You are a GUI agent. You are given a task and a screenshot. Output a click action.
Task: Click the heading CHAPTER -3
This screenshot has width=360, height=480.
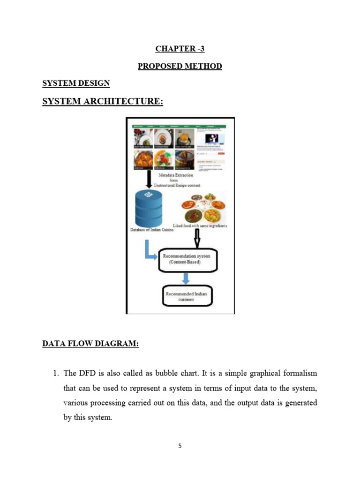[180, 48]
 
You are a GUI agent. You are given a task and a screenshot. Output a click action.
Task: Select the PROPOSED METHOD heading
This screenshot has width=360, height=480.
[180, 66]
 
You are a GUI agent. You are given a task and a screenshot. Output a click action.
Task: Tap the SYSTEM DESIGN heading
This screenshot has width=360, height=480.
[76, 83]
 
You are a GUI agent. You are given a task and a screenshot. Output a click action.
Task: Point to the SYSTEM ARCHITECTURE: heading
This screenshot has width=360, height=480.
[103, 101]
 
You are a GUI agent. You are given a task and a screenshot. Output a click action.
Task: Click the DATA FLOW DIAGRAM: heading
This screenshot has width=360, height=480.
[90, 344]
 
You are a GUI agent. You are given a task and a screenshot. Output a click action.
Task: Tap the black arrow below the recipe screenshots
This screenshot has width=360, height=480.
[149, 178]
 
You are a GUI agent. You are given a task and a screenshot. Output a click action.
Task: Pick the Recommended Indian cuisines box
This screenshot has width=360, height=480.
[186, 297]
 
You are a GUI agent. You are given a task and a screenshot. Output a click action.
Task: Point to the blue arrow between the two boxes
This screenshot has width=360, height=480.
[186, 278]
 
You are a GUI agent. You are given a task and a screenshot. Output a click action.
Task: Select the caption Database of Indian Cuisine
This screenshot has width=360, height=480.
[152, 230]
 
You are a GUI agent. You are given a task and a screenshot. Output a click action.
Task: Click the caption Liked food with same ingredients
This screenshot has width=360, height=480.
[200, 225]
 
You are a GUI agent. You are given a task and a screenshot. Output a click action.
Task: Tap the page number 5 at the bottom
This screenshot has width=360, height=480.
[180, 446]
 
